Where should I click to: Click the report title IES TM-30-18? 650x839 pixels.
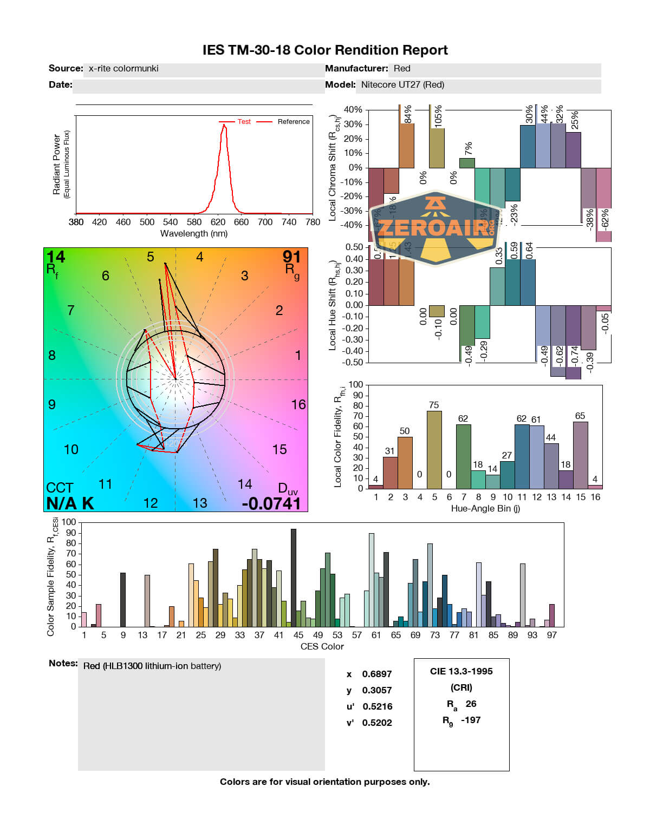click(x=325, y=50)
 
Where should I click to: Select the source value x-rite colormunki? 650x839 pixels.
click(x=123, y=69)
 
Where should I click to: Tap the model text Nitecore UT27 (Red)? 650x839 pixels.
click(x=402, y=85)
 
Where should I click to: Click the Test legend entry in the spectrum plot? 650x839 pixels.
click(x=244, y=122)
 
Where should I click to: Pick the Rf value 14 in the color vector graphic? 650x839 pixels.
click(x=55, y=257)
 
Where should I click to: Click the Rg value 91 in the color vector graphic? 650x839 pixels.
click(x=291, y=257)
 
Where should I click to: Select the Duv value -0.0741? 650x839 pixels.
click(x=271, y=503)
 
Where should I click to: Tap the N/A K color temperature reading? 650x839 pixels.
click(x=70, y=503)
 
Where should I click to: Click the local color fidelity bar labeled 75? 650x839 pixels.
click(x=434, y=449)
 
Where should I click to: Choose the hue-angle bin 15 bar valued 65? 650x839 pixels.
click(x=580, y=455)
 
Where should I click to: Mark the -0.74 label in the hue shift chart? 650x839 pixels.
click(x=574, y=358)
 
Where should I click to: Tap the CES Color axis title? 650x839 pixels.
click(x=322, y=646)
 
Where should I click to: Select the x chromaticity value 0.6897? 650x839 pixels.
click(x=377, y=674)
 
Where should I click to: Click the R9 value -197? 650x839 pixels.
click(x=471, y=720)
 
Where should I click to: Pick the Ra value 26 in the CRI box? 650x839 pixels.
click(x=471, y=704)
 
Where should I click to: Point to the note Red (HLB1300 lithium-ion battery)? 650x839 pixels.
click(x=152, y=666)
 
